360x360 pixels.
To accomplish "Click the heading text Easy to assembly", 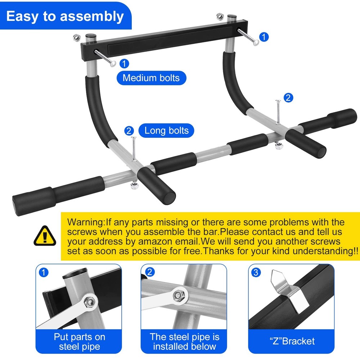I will coord(65,16).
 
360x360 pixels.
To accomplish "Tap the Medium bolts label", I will coord(151,78).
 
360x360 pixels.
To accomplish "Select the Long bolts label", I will coord(166,130).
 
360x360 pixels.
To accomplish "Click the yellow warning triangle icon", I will coord(45,236).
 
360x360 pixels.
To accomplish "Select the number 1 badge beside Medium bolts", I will coord(124,64).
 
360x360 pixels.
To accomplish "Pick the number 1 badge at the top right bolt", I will coord(264,37).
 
